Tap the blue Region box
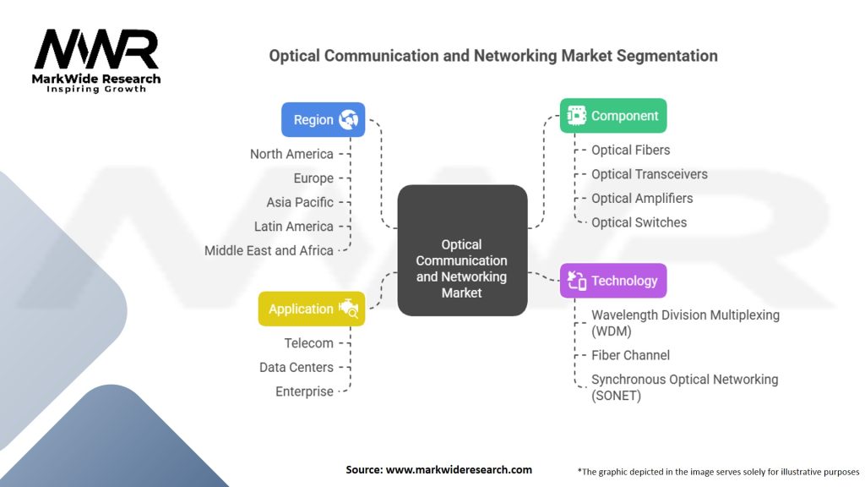323,119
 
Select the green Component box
613,116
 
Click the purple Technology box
613,281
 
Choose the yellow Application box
312,309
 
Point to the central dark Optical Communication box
462,250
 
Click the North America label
291,154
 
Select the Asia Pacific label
300,202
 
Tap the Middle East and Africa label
269,250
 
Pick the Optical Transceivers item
649,174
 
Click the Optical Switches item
639,222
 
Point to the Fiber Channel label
630,355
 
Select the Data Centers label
296,367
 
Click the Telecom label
308,343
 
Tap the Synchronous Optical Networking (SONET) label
684,387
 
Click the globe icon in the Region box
349,119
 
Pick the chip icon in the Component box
576,116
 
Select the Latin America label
293,227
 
